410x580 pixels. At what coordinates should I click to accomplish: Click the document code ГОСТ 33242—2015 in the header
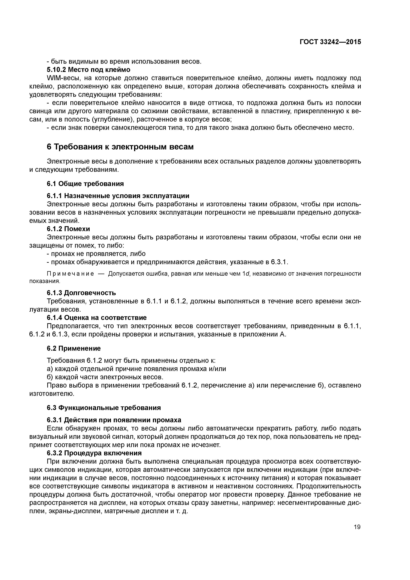point(330,42)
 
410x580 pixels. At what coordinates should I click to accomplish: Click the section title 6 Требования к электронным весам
point(120,147)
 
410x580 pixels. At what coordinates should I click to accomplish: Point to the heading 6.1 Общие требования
point(85,184)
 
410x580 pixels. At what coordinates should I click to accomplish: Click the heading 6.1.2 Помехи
point(68,229)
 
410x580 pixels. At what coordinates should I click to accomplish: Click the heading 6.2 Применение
point(74,348)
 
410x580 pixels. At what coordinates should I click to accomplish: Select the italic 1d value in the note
point(245,274)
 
